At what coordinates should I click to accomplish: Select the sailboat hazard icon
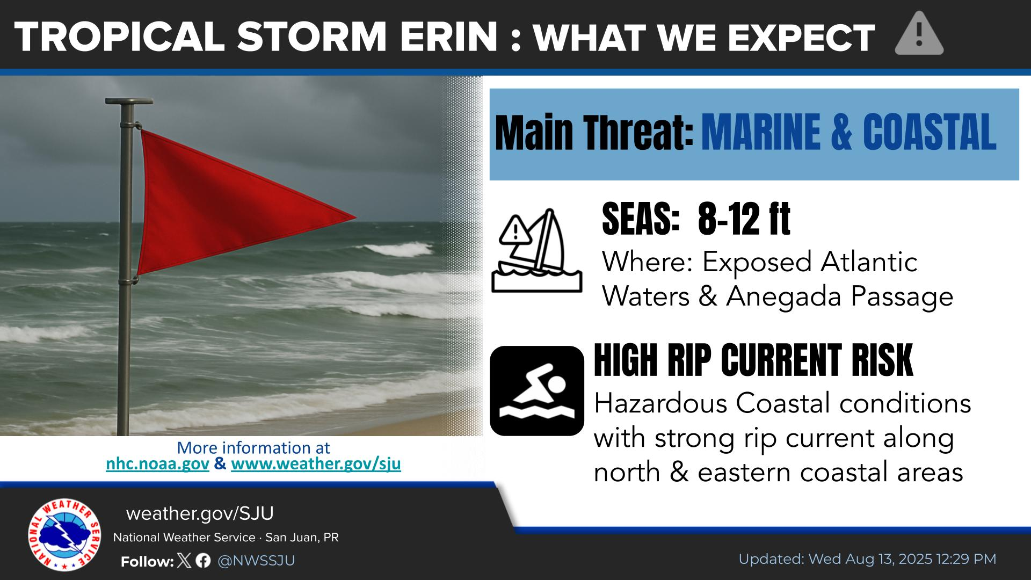(537, 250)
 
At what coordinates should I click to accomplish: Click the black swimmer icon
(537, 390)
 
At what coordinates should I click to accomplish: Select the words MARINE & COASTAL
(849, 133)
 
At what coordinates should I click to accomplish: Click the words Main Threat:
(594, 133)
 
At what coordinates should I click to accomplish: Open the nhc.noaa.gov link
(157, 464)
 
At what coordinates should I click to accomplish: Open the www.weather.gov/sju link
(316, 464)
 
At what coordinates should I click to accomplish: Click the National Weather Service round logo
(64, 535)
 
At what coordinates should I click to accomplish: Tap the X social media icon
(184, 561)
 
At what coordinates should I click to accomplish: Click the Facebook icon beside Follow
(203, 561)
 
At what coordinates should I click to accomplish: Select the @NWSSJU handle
(256, 561)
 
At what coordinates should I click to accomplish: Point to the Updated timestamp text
(867, 559)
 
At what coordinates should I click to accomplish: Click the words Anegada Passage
(839, 297)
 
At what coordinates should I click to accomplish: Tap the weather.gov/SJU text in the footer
(200, 514)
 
